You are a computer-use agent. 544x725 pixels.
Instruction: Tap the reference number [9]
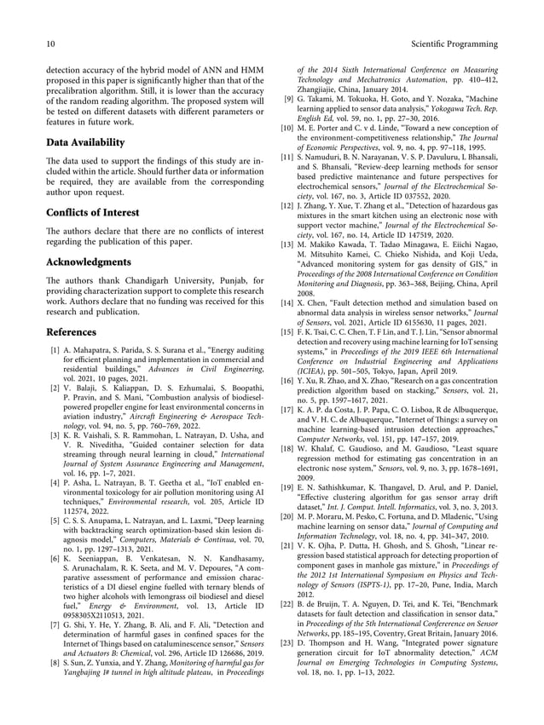[289, 98]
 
